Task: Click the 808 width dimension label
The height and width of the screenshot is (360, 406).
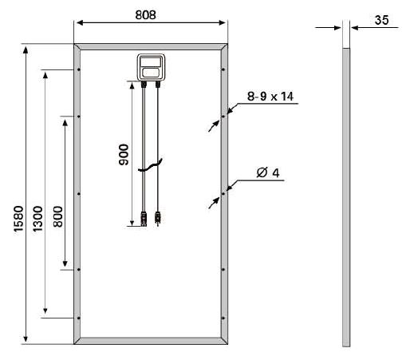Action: click(x=145, y=15)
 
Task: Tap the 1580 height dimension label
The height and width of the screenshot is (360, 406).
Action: click(x=18, y=219)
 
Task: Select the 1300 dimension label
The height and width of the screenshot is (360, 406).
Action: click(x=37, y=219)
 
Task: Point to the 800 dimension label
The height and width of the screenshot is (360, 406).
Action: click(x=57, y=216)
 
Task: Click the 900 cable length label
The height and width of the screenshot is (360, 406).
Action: click(x=124, y=155)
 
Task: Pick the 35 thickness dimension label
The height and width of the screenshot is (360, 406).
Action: click(x=381, y=20)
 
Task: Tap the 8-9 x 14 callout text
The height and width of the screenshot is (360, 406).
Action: click(x=270, y=97)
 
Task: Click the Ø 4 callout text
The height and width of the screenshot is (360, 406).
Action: click(x=268, y=172)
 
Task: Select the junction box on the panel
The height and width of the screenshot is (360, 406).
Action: click(x=151, y=67)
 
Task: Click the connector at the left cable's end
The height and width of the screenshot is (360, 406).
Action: click(x=144, y=219)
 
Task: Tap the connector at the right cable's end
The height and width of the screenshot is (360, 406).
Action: click(x=158, y=218)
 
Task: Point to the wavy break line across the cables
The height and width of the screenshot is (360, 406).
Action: click(x=150, y=165)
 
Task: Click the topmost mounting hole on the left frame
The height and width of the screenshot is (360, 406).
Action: click(x=78, y=69)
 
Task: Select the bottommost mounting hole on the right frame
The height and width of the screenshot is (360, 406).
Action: click(x=223, y=318)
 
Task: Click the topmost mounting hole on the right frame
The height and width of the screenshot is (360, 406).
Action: click(x=223, y=69)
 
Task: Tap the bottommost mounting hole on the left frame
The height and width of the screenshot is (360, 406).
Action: click(x=78, y=318)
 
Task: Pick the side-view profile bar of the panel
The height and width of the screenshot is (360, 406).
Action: click(x=346, y=197)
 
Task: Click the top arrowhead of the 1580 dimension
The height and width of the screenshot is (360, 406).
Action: click(x=26, y=49)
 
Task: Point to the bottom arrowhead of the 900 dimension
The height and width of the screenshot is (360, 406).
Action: click(x=132, y=223)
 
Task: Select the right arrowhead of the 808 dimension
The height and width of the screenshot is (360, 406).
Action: click(x=223, y=23)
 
